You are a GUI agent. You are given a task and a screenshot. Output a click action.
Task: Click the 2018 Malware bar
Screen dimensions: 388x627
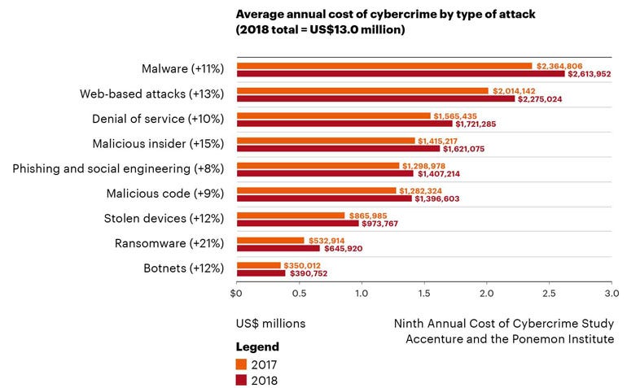400,74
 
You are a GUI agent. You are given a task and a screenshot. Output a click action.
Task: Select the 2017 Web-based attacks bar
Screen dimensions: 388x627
362,91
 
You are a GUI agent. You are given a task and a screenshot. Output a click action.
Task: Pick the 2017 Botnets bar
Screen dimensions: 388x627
258,265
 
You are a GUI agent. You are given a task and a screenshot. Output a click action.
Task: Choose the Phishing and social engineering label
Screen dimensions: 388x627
117,169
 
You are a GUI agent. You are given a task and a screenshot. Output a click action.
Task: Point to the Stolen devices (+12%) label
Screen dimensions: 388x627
163,219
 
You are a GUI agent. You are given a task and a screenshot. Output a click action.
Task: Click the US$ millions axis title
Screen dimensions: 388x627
270,323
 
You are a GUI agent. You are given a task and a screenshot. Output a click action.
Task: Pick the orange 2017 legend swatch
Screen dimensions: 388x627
241,363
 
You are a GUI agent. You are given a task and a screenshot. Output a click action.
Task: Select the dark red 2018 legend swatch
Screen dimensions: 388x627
241,379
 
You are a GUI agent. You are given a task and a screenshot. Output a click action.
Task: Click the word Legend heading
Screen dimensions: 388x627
257,347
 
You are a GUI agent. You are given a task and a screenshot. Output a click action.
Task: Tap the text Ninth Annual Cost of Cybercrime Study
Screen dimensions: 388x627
504,323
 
